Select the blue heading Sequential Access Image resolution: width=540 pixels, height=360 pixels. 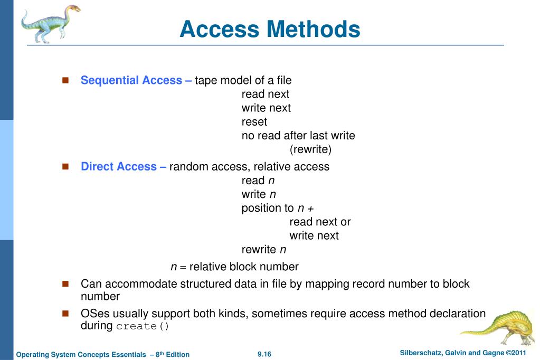tap(136, 80)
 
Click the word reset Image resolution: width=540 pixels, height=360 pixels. tap(254, 122)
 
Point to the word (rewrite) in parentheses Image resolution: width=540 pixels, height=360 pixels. tap(310, 149)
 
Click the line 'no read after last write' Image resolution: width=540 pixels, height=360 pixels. tap(298, 136)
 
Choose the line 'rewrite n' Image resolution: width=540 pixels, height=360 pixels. tap(264, 249)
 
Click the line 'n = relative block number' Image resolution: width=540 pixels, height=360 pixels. tap(234, 267)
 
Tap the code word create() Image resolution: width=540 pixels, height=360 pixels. tap(143, 326)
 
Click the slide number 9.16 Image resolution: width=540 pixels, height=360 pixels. tap(264, 354)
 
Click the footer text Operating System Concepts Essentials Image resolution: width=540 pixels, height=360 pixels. tap(102, 354)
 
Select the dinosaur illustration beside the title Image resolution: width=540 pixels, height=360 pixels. tap(50, 23)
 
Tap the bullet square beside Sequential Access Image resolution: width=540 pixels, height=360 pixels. tap(66, 80)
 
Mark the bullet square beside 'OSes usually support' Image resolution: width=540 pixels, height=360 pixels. tap(66, 314)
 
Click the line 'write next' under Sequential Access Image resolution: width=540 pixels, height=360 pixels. tap(266, 108)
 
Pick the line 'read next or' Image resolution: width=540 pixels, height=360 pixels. tap(320, 222)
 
